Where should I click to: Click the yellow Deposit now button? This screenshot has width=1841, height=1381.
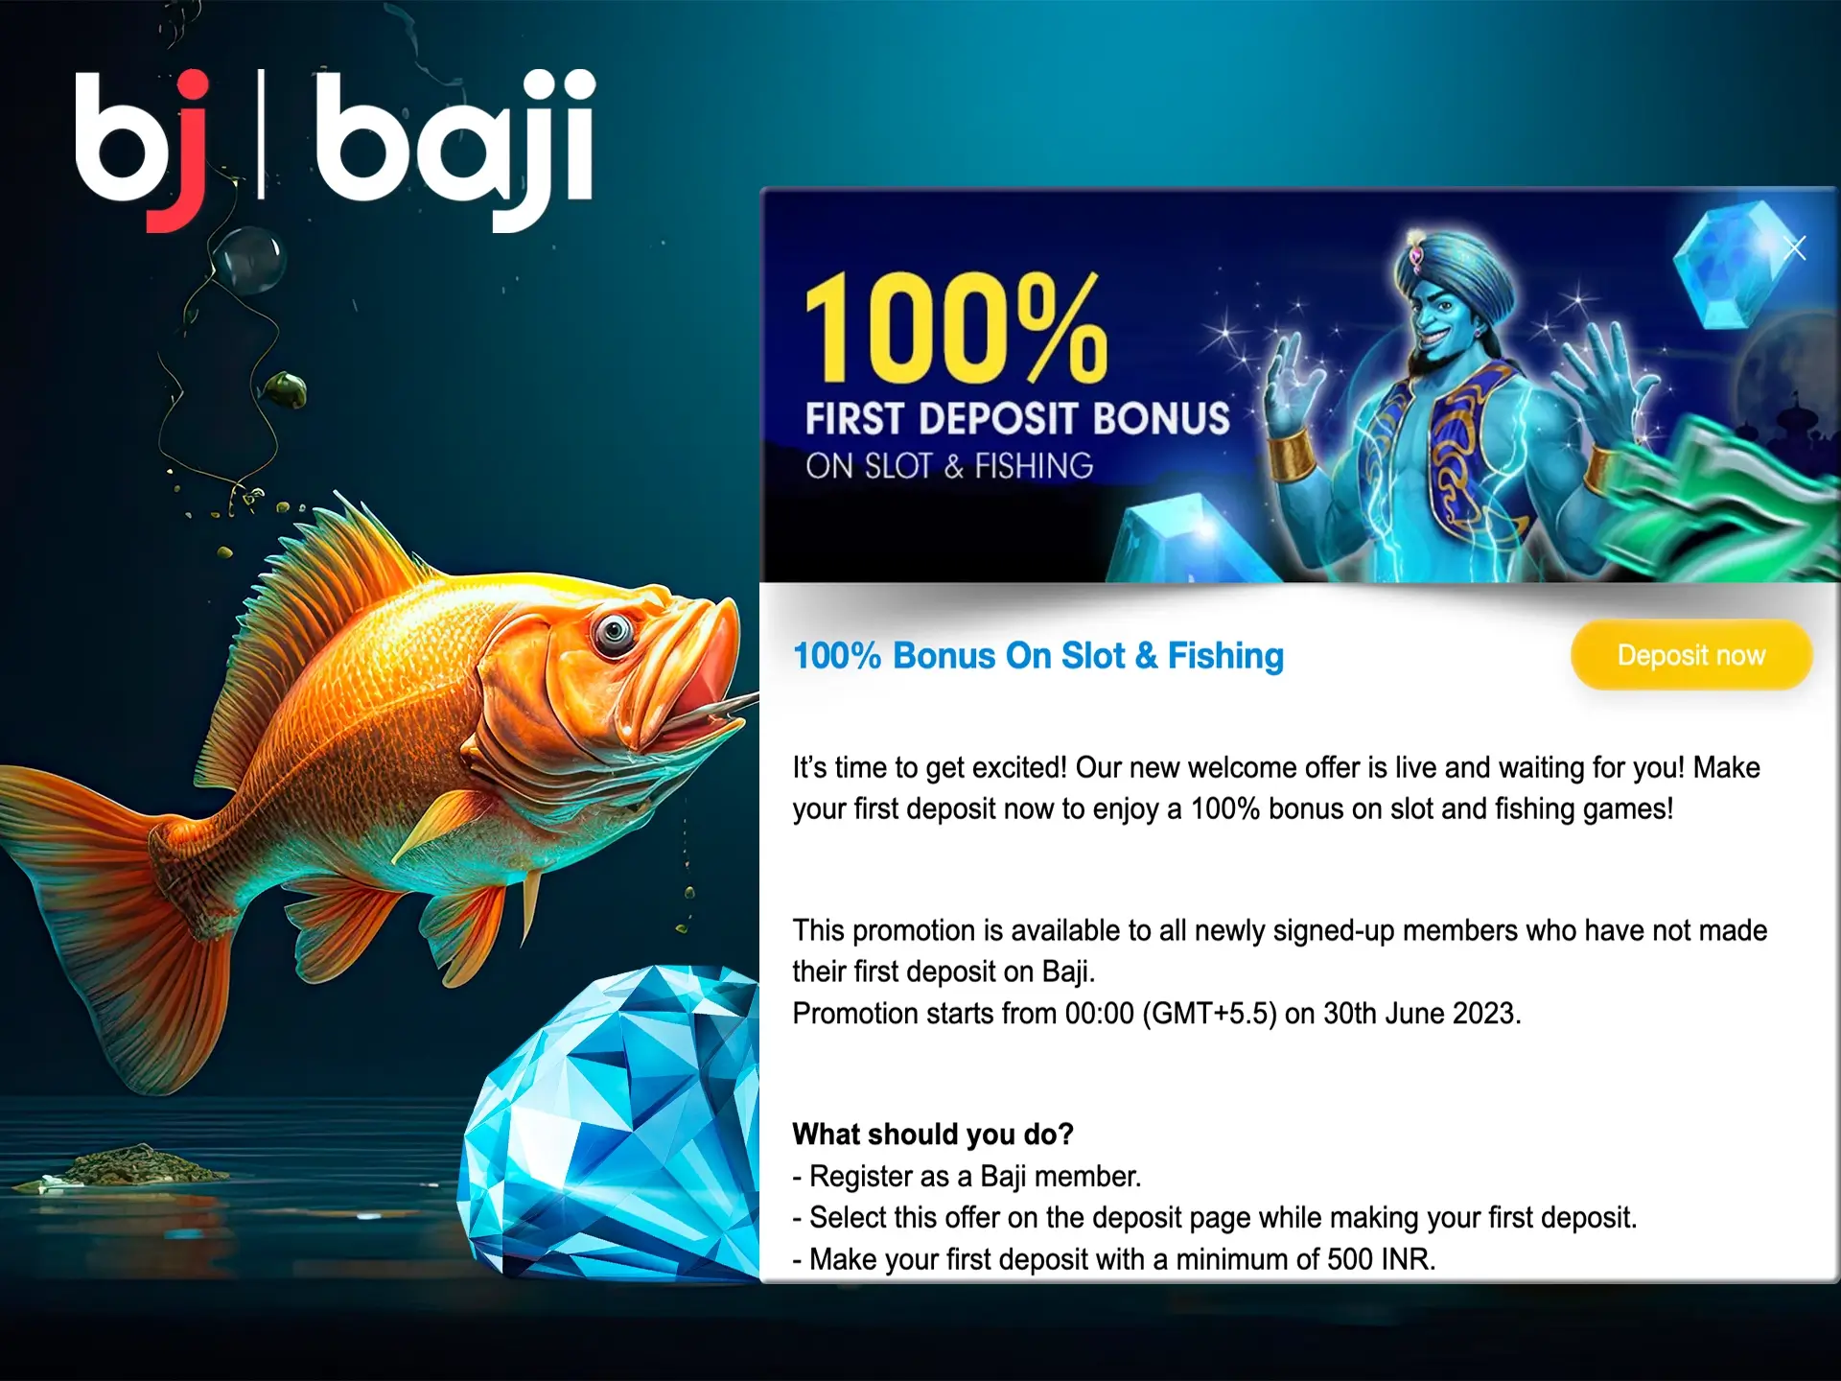tap(1691, 655)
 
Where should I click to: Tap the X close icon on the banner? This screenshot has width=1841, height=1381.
tap(1795, 248)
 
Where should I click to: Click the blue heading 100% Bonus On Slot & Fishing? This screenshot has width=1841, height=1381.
tap(1038, 656)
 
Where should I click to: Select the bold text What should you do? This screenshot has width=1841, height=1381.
tap(933, 1135)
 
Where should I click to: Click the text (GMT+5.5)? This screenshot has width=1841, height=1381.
tap(1209, 1014)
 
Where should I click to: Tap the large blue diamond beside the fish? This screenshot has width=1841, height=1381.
tap(614, 1122)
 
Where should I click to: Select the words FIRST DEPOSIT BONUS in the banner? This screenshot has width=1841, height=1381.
tap(1017, 419)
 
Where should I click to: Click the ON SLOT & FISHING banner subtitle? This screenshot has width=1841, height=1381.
tap(949, 466)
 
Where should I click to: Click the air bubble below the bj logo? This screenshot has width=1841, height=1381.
tap(247, 257)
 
